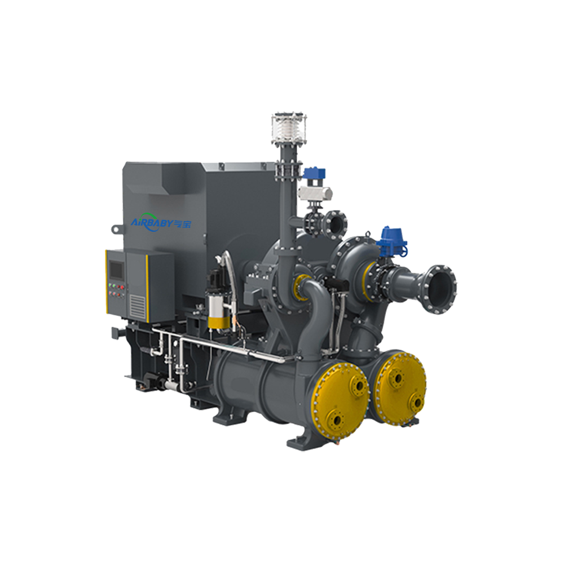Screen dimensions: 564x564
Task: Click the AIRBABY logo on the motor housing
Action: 161,223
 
